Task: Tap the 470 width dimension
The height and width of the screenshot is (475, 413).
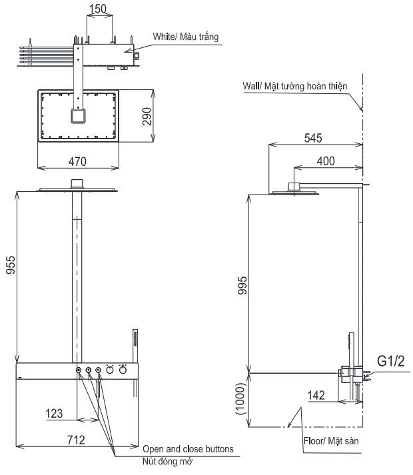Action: [79, 161]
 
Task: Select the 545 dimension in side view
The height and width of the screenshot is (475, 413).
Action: [313, 139]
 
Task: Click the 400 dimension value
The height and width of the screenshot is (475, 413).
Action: [326, 161]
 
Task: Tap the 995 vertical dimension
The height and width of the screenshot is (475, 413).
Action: [243, 286]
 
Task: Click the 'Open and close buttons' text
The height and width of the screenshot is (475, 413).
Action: [188, 449]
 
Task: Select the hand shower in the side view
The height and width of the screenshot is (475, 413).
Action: [348, 346]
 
